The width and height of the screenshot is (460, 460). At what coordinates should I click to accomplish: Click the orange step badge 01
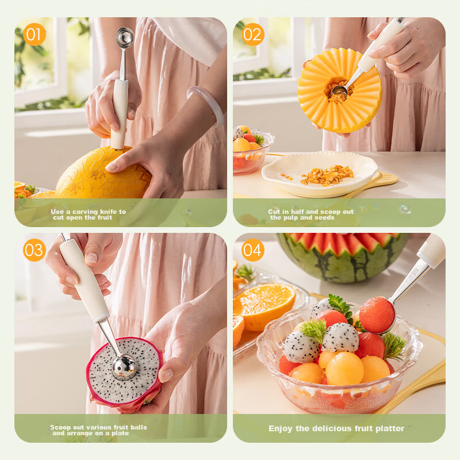coord(34,34)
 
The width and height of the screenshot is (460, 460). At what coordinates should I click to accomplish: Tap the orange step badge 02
coord(252,34)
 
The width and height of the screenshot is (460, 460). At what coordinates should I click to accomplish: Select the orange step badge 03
coord(34,250)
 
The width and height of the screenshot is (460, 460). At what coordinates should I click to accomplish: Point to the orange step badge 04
coord(252,250)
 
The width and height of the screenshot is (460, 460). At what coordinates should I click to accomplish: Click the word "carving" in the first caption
coord(85,212)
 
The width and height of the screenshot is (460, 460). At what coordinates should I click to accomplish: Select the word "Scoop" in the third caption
coord(60,427)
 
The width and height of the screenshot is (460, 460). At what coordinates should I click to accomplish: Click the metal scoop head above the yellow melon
coord(125,37)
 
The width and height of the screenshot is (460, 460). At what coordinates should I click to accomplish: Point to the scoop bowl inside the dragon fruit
coord(124,367)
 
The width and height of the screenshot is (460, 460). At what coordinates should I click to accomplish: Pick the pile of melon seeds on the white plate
coord(327,176)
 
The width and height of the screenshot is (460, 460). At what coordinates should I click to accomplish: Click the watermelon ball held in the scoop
coord(377,315)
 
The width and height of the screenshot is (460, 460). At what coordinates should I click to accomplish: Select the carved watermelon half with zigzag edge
coord(342,256)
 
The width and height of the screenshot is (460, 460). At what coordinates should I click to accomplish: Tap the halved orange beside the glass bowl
coord(264,305)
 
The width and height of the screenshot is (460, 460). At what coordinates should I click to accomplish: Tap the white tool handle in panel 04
coord(431,250)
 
